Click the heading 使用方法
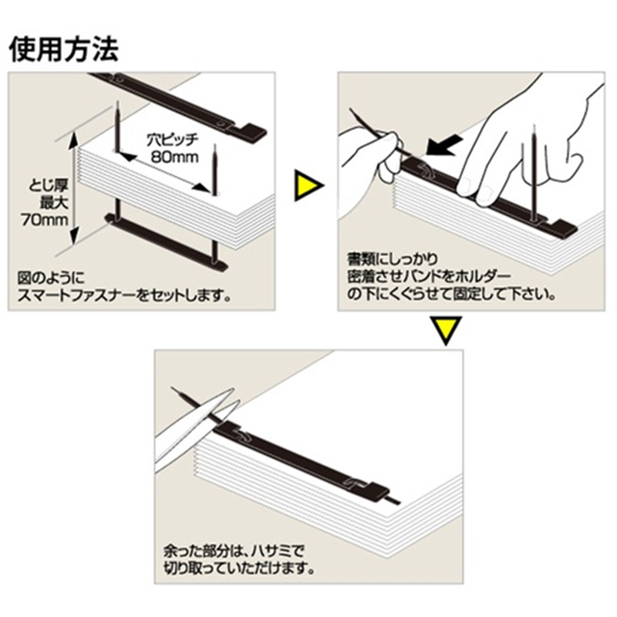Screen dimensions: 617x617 [64, 49]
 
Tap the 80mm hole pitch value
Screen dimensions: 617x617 [175, 157]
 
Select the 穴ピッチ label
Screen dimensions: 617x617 [172, 140]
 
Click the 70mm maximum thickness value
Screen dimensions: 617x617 [45, 220]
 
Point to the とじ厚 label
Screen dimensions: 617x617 [49, 186]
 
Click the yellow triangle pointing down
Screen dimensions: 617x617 [445, 329]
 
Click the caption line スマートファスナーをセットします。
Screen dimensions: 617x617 [125, 295]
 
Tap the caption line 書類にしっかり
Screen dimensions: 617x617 [393, 258]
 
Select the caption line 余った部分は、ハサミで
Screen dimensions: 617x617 [234, 551]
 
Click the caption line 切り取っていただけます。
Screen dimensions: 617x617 [240, 568]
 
